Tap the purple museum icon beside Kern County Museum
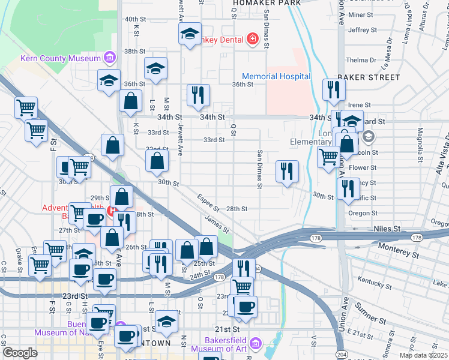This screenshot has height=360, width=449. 109,58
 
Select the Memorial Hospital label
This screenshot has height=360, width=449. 276,77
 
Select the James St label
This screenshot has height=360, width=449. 217,224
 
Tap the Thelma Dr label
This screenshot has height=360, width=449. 361,60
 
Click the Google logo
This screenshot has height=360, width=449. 20,353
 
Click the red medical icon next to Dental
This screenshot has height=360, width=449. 253,40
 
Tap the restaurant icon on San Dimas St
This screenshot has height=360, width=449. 288,171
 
